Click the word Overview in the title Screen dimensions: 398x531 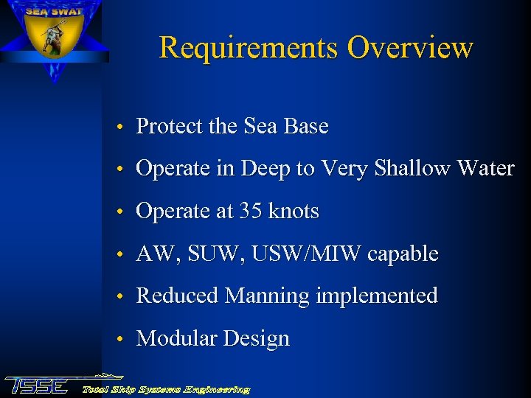click(x=410, y=48)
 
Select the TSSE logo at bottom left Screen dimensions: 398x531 click(x=37, y=385)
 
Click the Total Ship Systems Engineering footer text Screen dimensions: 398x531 click(x=166, y=389)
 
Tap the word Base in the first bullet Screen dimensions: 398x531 click(x=305, y=127)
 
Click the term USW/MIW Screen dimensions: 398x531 click(x=306, y=254)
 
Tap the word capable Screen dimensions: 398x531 click(x=403, y=255)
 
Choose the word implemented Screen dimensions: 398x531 click(x=377, y=296)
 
